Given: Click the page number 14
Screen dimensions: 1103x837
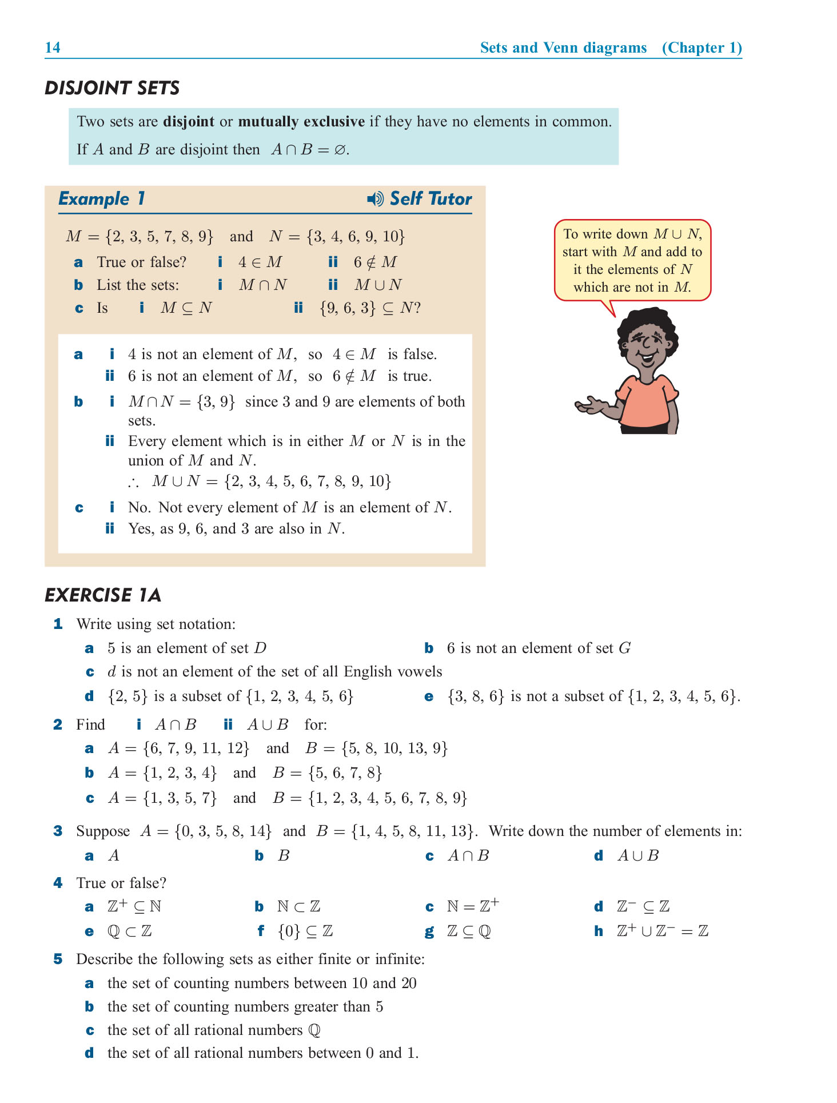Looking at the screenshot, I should (x=53, y=47).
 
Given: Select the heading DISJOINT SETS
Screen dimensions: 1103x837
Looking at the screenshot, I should (x=112, y=88).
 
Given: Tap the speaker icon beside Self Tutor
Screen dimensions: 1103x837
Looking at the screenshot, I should (x=375, y=199).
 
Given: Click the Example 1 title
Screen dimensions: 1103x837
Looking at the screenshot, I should (x=102, y=199).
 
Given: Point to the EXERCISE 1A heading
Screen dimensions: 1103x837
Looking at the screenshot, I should (x=103, y=595).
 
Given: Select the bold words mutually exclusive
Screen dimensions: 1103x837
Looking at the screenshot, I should (x=301, y=122).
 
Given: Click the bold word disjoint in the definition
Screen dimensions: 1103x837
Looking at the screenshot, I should (x=189, y=122).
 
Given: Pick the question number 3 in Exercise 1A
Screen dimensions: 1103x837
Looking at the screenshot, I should (x=58, y=831).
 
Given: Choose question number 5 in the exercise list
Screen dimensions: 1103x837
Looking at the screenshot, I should (x=58, y=959).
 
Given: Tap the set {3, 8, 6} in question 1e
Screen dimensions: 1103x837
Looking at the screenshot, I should (x=476, y=696).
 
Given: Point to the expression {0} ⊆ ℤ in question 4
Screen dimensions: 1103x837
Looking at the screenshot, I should (x=305, y=931).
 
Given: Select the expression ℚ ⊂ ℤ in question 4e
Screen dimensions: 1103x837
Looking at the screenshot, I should (x=130, y=931).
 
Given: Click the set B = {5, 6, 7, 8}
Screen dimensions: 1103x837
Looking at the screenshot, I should (x=327, y=773).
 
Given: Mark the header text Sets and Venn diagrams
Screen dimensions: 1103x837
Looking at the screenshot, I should (x=563, y=47).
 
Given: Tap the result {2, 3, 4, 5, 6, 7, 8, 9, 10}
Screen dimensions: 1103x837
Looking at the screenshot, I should (x=308, y=481).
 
